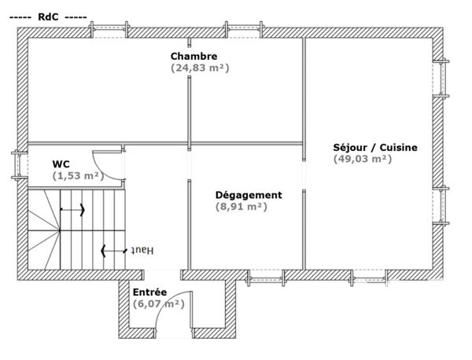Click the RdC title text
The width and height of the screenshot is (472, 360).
point(47,16)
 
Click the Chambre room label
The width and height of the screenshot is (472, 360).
point(194,56)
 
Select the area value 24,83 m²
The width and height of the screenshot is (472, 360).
point(200,68)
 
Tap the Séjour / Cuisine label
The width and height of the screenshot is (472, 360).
point(375,147)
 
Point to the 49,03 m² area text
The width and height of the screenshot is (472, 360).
point(363,159)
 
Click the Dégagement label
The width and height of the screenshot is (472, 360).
point(249,195)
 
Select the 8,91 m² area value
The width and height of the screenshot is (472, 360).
point(242,208)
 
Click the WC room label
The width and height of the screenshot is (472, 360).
point(61,163)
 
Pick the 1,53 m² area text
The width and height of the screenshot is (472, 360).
point(78,176)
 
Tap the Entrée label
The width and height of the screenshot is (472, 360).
point(149,292)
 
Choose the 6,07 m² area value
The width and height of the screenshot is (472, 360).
point(158,303)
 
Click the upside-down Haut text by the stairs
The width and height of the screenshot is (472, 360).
point(142,250)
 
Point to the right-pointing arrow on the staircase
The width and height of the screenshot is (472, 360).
point(73,211)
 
